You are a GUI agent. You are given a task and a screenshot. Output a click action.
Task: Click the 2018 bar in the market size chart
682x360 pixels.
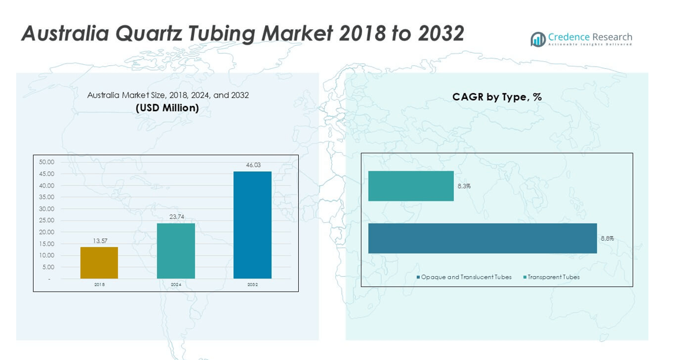tap(99, 263)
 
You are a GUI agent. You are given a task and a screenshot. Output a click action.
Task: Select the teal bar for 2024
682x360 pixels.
tap(175, 251)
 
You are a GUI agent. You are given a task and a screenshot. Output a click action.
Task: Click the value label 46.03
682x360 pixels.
tap(253, 165)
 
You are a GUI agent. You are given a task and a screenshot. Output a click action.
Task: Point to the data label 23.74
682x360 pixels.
tap(175, 216)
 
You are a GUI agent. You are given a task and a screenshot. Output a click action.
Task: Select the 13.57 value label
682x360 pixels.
tap(99, 241)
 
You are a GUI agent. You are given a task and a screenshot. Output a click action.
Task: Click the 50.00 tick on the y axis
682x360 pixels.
tap(46, 162)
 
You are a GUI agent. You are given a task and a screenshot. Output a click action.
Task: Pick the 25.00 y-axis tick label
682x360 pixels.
tap(46, 221)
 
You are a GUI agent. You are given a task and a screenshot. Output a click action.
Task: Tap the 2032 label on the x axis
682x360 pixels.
tap(252, 285)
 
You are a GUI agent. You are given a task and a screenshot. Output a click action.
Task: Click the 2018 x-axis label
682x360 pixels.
tap(99, 285)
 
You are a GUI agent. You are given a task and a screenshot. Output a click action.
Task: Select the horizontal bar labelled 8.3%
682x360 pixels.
tap(411, 186)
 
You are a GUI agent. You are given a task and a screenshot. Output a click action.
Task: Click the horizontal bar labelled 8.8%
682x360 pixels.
tap(482, 238)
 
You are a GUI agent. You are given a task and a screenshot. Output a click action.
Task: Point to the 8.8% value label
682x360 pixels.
tap(607, 238)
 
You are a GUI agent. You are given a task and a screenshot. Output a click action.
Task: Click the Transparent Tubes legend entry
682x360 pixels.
tap(553, 277)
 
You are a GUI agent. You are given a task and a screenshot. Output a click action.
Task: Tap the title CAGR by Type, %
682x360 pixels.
tap(497, 97)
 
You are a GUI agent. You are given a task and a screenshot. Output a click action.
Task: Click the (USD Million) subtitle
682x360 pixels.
tap(167, 108)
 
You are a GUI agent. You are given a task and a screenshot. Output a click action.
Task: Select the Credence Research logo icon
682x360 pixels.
tap(538, 39)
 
